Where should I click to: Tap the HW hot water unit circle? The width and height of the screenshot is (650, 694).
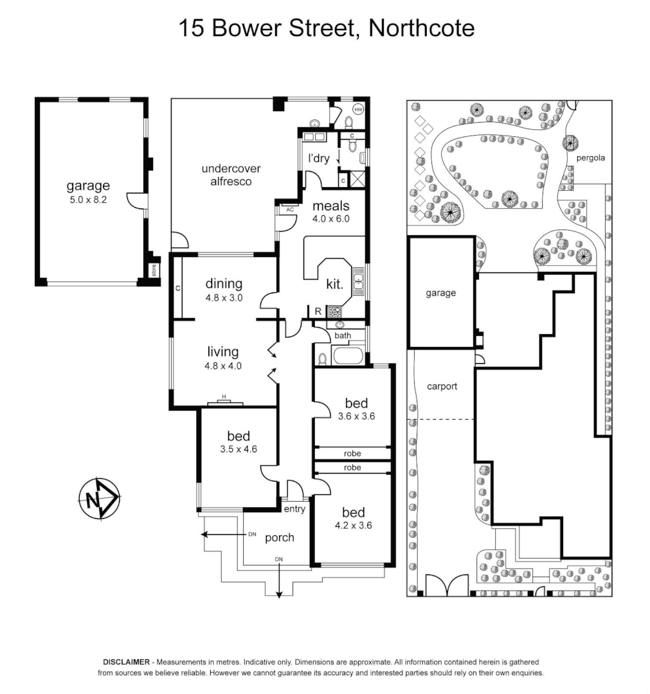[358, 109]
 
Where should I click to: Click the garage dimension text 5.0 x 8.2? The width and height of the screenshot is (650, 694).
[89, 200]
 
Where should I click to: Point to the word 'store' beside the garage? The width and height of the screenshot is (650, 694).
[153, 269]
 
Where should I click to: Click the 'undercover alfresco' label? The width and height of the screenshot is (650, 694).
[230, 175]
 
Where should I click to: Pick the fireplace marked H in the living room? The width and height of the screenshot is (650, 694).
[225, 402]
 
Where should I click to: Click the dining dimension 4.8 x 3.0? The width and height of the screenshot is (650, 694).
[224, 298]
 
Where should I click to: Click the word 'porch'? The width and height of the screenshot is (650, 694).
[280, 537]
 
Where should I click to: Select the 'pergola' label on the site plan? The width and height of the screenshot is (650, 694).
[590, 157]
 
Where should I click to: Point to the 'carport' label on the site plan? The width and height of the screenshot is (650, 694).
[442, 386]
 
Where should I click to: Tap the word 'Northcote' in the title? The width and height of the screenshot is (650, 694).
[421, 28]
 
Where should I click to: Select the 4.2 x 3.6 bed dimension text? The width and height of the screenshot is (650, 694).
[353, 525]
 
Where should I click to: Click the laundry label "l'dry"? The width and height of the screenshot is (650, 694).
[319, 158]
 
